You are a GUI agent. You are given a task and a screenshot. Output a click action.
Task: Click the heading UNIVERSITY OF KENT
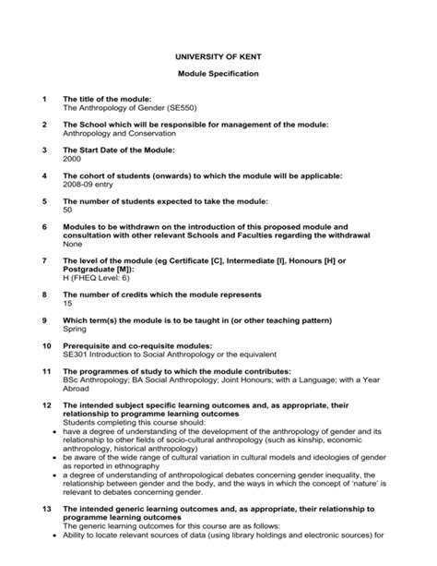(218, 57)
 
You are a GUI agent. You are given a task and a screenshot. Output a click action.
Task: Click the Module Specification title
(218, 73)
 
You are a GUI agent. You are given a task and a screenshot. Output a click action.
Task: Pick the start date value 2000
(72, 159)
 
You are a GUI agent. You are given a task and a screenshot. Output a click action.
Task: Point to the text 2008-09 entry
(88, 184)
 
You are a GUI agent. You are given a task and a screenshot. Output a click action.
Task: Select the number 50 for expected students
(67, 210)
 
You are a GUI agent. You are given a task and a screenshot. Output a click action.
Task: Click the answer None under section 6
(71, 244)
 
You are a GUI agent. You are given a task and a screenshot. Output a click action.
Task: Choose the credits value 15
(67, 303)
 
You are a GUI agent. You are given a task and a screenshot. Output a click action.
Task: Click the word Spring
(74, 329)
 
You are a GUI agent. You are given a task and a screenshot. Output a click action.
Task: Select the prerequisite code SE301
(75, 355)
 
